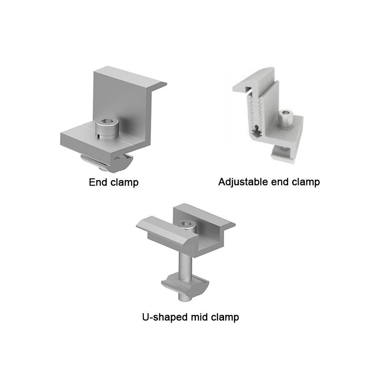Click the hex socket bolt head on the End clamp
(107, 128)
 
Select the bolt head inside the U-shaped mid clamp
(187, 226)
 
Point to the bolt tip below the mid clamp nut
(185, 299)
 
